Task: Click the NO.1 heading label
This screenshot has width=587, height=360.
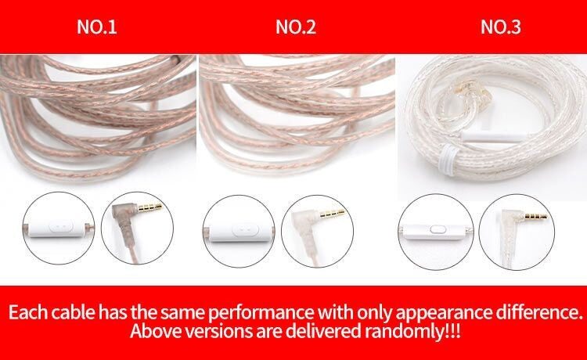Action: [97, 27]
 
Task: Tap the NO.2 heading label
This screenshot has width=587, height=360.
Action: [296, 27]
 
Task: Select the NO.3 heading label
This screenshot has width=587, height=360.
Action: [501, 27]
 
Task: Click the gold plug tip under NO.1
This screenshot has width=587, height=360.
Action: [150, 207]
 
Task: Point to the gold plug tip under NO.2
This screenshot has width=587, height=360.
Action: [332, 214]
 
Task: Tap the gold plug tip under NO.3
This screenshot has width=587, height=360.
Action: [535, 216]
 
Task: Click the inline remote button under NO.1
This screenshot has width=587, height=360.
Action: [61, 227]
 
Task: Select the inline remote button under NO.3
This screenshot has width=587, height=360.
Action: [436, 229]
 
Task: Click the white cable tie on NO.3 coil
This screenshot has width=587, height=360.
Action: [448, 160]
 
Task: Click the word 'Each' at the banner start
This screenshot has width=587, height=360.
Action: [27, 312]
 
